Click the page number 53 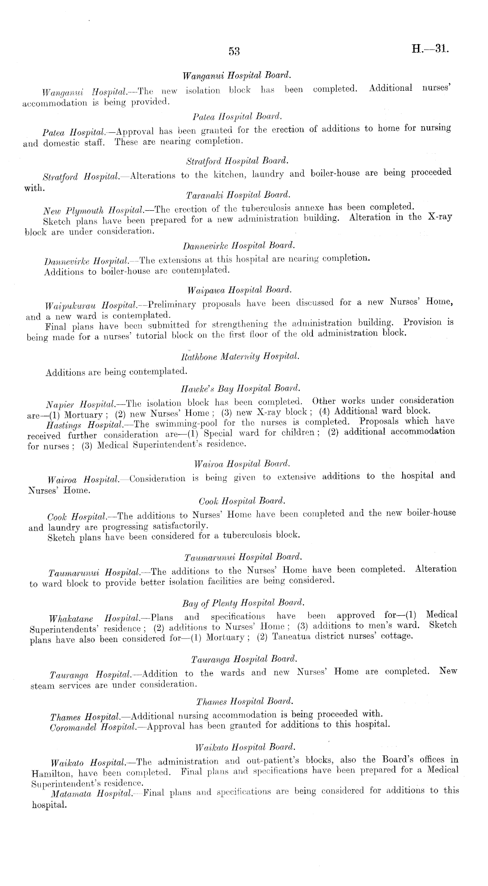point(234,51)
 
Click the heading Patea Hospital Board point(237,117)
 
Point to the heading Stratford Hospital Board point(237,161)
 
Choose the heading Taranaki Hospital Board point(238,195)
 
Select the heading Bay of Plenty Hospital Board point(243,603)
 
